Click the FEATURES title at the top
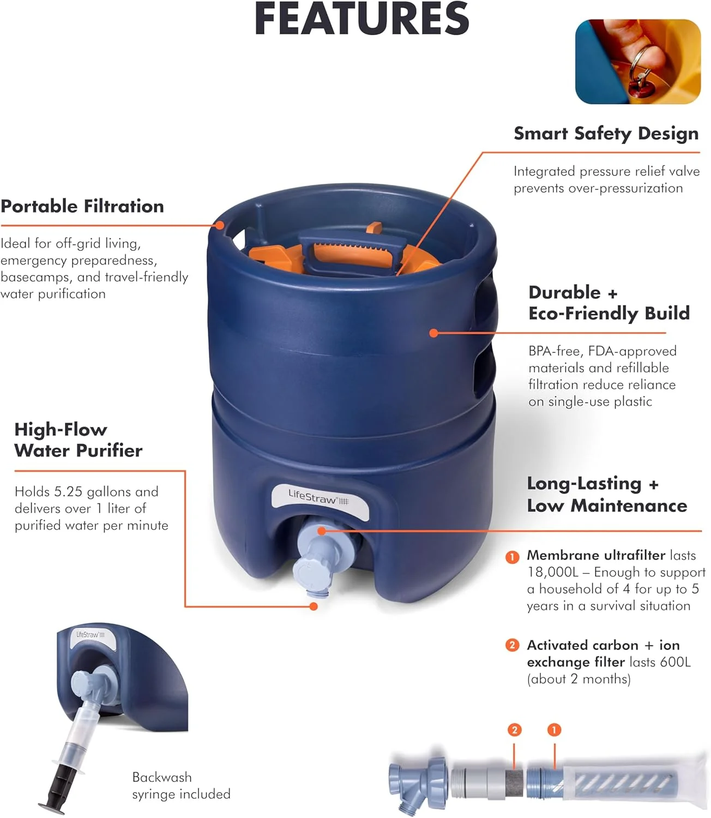coord(361,19)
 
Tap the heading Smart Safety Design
coord(606,134)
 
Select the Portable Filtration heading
coord(82,206)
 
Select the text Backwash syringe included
coord(182,785)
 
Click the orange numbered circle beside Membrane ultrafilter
coord(512,557)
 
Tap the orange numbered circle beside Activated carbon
coord(512,645)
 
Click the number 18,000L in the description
coord(553,572)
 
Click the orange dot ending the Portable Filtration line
coord(219,225)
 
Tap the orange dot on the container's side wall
coord(433,333)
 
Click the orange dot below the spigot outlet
coord(314,606)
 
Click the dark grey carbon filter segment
coord(514,783)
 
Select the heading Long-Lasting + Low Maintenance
coord(607,495)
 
